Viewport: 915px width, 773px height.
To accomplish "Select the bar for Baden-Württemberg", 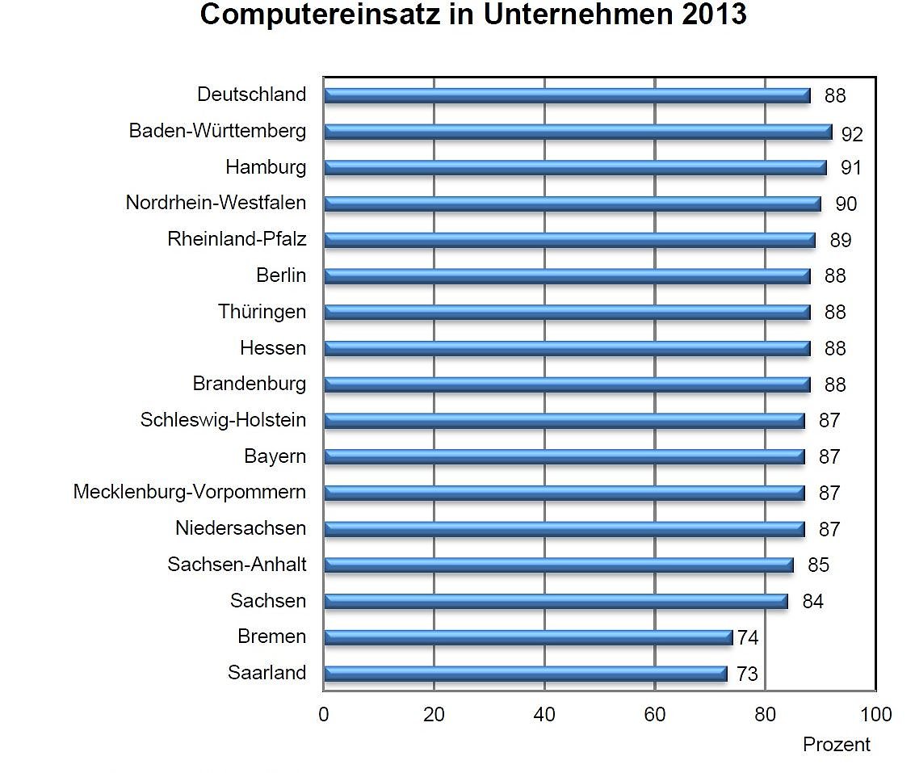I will tap(577, 132).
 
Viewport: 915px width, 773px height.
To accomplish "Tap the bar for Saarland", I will tap(525, 674).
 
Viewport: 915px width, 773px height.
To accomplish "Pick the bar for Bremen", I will tap(527, 637).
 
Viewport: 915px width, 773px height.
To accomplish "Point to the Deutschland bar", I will tap(566, 95).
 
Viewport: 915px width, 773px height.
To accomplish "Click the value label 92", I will tap(852, 133).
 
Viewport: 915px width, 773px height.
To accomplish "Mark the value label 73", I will tap(747, 674).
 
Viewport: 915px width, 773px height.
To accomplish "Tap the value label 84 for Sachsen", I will tap(812, 602).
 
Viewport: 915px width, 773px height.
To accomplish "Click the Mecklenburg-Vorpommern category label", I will tap(190, 492).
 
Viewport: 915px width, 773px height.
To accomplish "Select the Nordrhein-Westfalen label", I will tap(216, 203).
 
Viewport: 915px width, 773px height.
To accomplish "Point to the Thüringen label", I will tap(262, 312).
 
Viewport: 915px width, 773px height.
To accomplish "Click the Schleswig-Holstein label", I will tap(223, 420).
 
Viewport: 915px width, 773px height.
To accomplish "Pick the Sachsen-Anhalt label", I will tap(237, 565).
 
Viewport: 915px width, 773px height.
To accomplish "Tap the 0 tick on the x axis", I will tap(324, 715).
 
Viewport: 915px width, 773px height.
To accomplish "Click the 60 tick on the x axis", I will tap(655, 715).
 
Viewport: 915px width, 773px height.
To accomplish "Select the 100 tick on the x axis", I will tap(876, 715).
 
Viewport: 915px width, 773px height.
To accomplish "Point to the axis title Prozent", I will tap(837, 745).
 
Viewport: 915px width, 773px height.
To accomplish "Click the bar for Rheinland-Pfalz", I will tap(569, 240).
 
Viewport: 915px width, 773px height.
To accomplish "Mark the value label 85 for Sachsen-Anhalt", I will tap(818, 565).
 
